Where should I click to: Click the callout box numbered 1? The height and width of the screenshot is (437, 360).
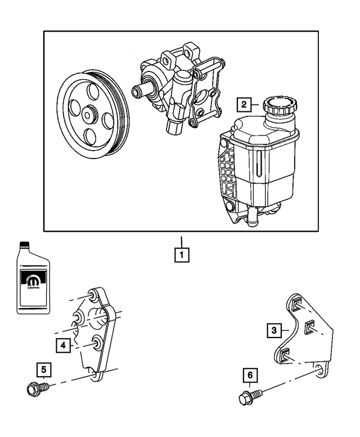tap(181, 255)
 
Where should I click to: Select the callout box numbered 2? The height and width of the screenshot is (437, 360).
tap(243, 105)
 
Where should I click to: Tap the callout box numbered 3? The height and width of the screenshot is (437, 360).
tap(273, 330)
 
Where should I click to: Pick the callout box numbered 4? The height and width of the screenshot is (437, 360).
tap(64, 344)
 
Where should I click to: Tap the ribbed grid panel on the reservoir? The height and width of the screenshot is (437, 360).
tap(227, 169)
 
